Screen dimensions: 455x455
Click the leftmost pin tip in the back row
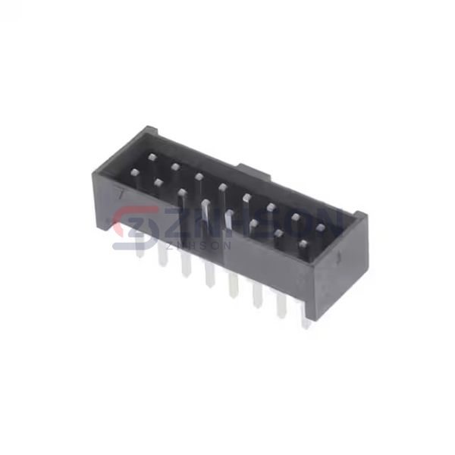click(152, 157)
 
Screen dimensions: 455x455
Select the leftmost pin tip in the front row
click(135, 173)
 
